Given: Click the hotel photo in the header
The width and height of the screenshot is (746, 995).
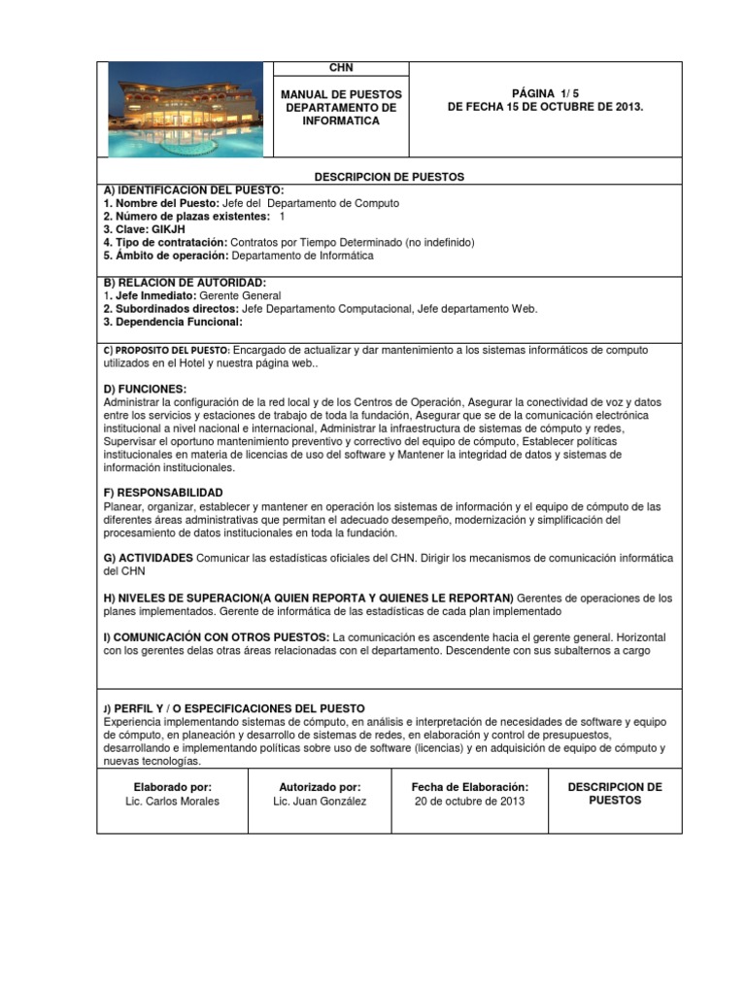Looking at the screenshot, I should [x=185, y=109].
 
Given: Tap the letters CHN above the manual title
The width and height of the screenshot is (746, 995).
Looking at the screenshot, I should [x=341, y=68].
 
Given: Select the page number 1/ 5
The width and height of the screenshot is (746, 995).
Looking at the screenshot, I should [x=544, y=93].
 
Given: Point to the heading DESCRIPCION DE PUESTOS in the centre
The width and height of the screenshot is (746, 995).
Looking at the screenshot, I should [x=390, y=177].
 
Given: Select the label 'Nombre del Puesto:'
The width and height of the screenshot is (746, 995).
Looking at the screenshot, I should [x=166, y=202].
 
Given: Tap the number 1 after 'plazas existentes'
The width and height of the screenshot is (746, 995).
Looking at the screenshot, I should [x=282, y=216].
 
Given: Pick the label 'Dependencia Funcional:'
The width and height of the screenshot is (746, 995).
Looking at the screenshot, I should [x=173, y=322].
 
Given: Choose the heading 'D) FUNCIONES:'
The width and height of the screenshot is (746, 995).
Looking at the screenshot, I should [x=145, y=388].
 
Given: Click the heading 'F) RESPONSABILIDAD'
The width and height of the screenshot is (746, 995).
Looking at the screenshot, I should [x=162, y=493].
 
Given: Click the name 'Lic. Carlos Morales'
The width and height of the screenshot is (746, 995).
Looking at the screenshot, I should [x=173, y=802].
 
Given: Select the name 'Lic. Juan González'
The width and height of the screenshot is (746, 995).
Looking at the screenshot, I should [x=321, y=802].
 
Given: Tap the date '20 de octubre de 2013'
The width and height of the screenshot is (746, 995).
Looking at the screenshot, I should [x=469, y=802].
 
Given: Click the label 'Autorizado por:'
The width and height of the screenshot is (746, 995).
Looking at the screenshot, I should [x=320, y=786].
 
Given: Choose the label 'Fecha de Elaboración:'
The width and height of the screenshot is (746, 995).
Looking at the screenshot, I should [x=470, y=786].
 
